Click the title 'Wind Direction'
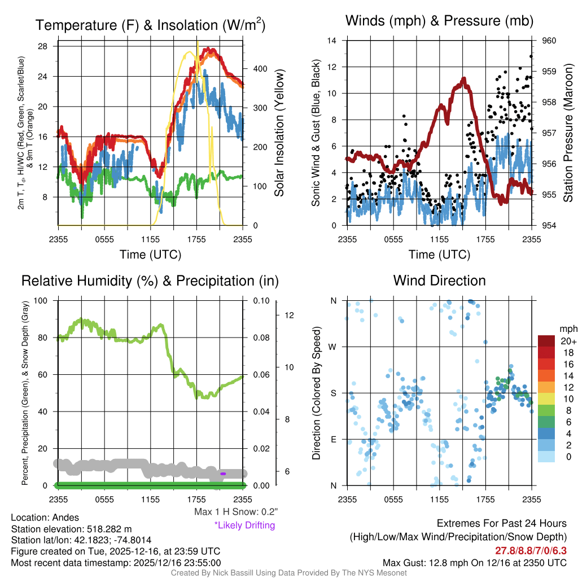(439, 281)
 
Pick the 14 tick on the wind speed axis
(332, 41)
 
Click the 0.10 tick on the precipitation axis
(260, 300)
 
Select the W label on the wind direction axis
(333, 347)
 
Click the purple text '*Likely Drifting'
(244, 526)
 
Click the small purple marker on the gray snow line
(223, 474)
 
